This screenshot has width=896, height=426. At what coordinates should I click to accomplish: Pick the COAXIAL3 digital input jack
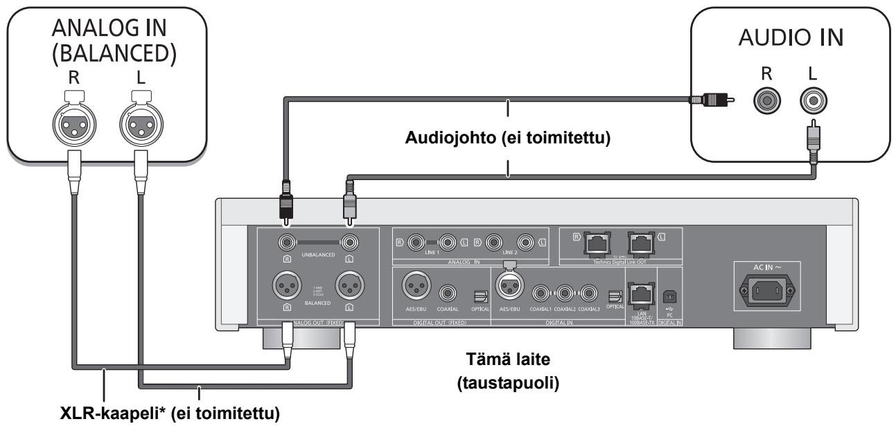tap(588, 292)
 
